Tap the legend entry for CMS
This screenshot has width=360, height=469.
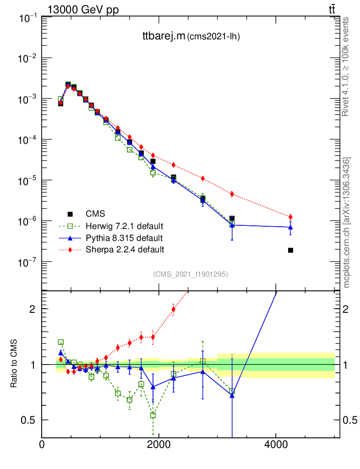pyautogui.click(x=95, y=214)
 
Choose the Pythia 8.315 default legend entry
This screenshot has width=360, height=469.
pyautogui.click(x=124, y=238)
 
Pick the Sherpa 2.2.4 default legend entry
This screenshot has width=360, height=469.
pyautogui.click(x=125, y=250)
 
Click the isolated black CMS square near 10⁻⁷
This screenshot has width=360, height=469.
pyautogui.click(x=290, y=250)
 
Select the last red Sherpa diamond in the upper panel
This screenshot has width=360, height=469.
pyautogui.click(x=290, y=217)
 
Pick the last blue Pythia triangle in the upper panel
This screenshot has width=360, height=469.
pyautogui.click(x=290, y=227)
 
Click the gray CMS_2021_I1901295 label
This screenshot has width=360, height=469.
pyautogui.click(x=191, y=274)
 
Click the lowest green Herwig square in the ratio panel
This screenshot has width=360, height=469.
pyautogui.click(x=153, y=415)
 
